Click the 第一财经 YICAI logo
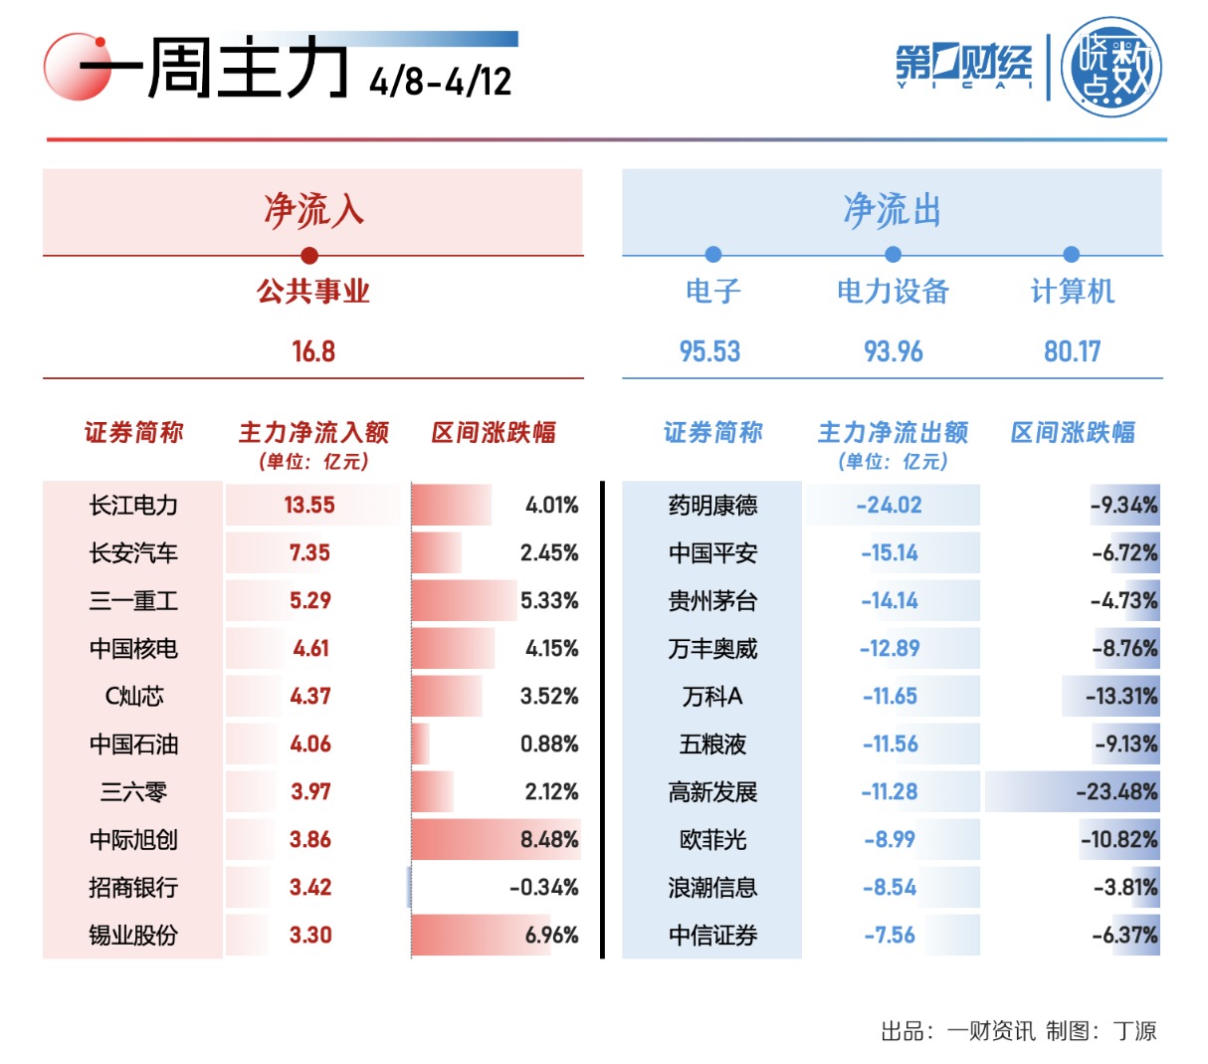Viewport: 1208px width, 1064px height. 962,67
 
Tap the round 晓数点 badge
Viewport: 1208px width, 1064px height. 1110,68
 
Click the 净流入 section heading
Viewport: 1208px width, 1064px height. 312,211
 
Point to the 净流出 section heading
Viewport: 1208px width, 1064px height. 892,211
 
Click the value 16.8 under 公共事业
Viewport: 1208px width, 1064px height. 312,351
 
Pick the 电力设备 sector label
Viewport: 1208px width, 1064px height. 893,292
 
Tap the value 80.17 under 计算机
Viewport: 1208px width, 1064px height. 1072,351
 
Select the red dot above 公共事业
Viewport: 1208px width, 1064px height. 309,255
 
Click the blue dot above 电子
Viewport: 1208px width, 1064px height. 712,255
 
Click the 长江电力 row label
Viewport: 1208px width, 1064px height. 133,506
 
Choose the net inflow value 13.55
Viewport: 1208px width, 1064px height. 309,506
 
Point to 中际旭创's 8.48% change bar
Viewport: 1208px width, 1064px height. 496,840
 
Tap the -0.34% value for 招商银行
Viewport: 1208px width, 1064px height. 543,888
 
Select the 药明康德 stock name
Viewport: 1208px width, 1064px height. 712,506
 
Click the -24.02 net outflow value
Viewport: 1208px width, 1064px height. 890,506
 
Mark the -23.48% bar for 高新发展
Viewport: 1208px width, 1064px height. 1072,792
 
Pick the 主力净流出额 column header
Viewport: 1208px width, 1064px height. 893,433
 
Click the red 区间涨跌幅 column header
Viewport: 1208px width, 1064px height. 494,433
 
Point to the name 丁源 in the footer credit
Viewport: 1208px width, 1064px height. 1135,1031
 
